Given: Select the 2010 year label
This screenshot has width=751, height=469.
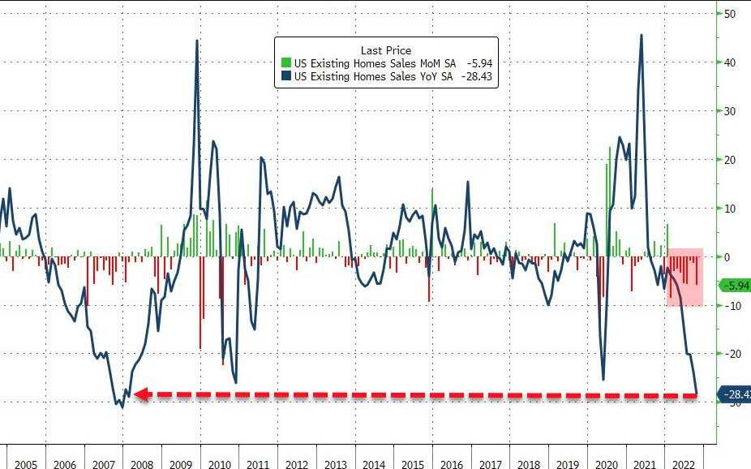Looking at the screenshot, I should [x=219, y=465].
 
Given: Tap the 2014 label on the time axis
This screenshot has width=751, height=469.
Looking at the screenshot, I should [x=374, y=465].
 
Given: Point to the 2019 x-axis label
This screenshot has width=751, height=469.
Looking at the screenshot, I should [x=568, y=465].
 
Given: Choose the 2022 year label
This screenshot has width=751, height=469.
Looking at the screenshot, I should [x=684, y=465].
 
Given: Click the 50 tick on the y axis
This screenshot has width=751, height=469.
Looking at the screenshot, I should [x=730, y=14].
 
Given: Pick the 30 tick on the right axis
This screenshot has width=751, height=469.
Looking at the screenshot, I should [x=730, y=111].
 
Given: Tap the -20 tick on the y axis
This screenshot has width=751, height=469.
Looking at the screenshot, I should [x=730, y=354].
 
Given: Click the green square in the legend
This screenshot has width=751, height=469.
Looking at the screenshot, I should [x=285, y=63].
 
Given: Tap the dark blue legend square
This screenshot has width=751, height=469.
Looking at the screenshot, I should [x=285, y=77].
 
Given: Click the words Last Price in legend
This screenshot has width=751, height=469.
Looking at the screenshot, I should [x=386, y=50].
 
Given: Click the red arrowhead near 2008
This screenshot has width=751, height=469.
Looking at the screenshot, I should [x=139, y=394].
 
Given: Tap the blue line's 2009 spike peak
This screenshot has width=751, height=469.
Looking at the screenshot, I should [x=197, y=41].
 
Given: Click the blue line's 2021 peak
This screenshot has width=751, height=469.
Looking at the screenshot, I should [x=642, y=35].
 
